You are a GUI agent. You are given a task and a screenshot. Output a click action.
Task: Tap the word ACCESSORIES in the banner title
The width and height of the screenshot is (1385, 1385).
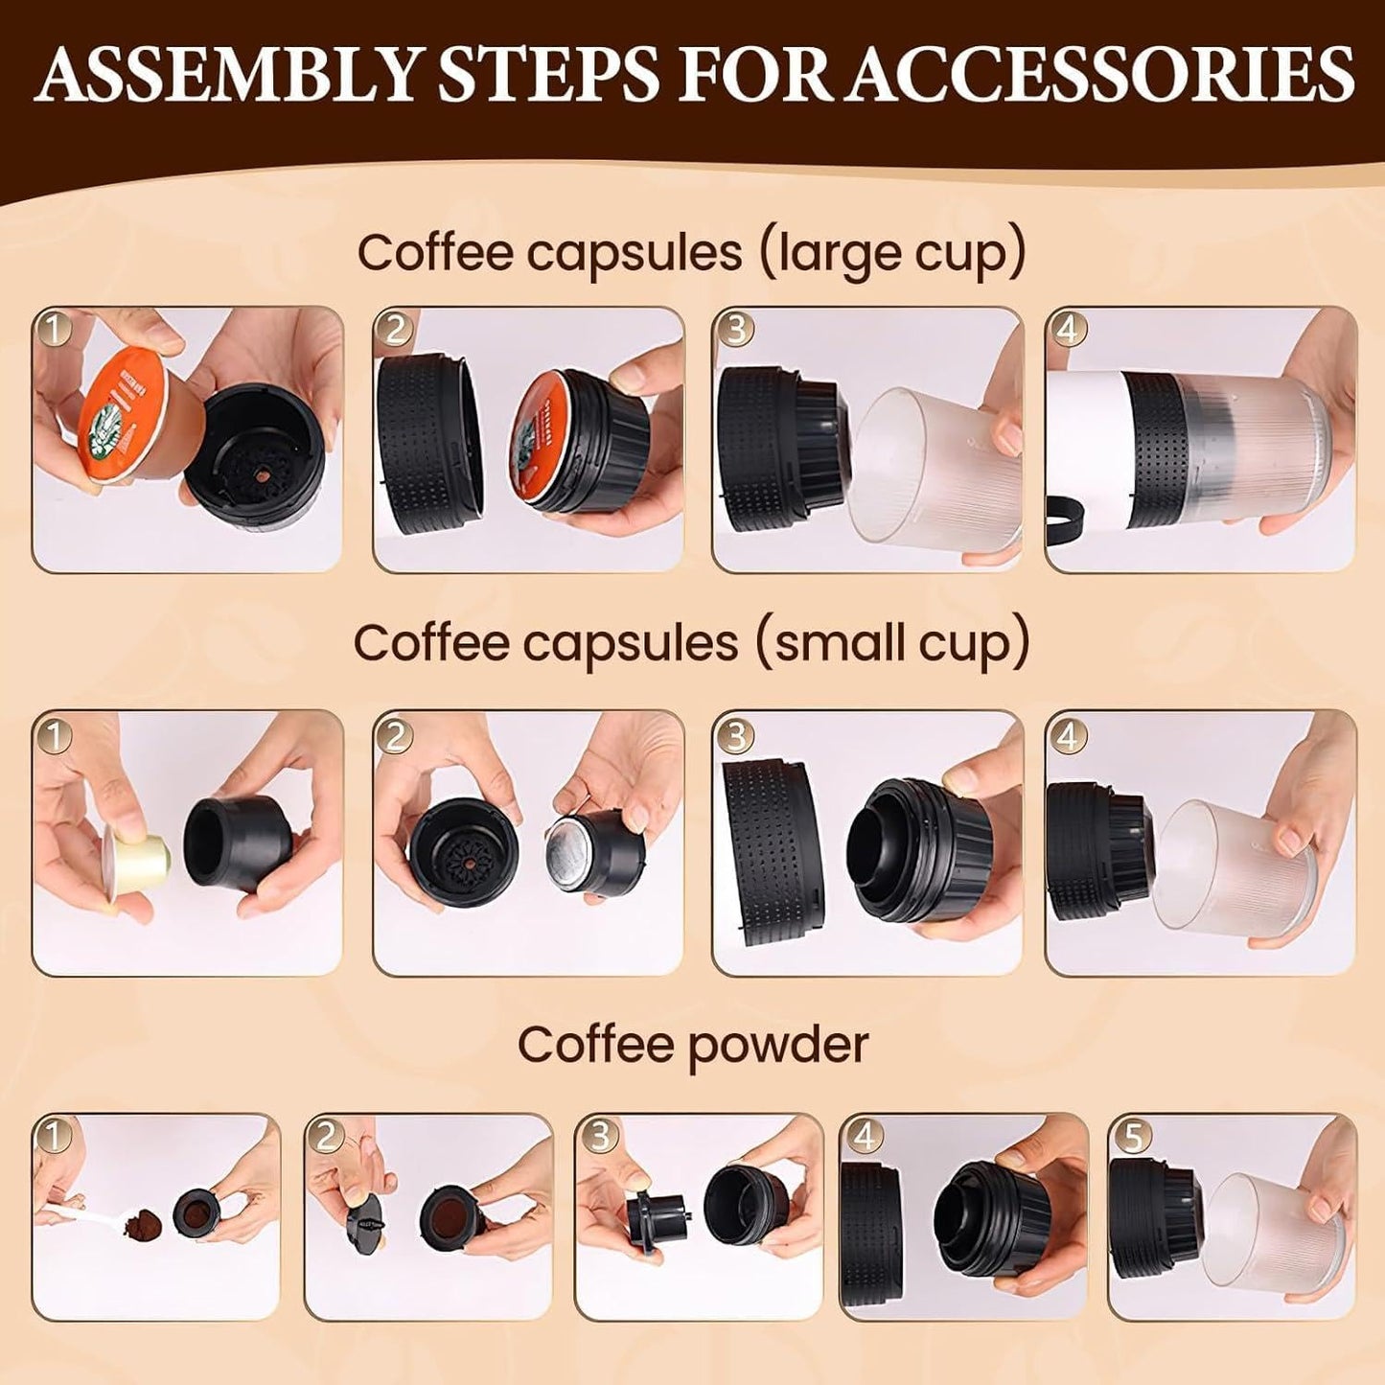pos(1101,72)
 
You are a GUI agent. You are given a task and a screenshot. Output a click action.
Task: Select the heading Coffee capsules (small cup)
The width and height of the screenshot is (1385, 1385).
pos(691,643)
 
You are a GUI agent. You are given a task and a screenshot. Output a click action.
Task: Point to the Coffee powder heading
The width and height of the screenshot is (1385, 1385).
pos(692,1045)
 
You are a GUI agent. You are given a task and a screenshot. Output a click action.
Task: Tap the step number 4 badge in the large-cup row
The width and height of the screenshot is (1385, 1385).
pos(1068,330)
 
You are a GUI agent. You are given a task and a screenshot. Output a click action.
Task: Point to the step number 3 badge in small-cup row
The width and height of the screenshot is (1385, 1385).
pos(736,735)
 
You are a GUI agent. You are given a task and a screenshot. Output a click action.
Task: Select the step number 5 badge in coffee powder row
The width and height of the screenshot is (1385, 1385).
pos(1132,1137)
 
